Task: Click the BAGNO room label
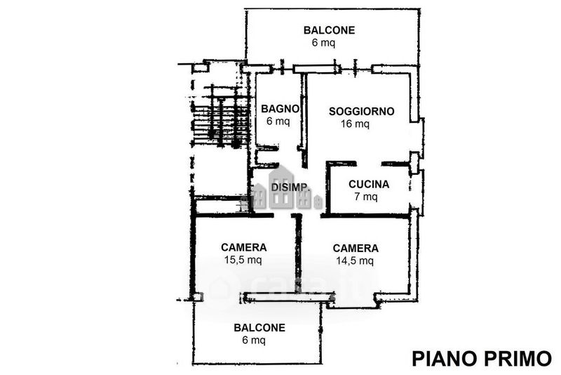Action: coord(280,109)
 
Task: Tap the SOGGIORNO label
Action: coord(361,112)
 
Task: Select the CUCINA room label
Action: coord(369,184)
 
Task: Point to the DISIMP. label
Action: coord(290,187)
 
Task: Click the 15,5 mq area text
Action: coord(243,260)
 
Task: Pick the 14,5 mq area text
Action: coord(355,261)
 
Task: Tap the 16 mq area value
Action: coord(355,124)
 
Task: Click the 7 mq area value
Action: coord(365,197)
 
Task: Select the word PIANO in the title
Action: coord(445,359)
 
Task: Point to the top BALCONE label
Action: coord(329,30)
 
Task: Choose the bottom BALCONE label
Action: coord(259,328)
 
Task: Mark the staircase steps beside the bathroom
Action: coord(220,117)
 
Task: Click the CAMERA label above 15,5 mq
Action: coord(243,247)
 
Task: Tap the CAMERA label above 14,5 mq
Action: coord(356,248)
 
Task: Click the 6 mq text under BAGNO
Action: coord(278,121)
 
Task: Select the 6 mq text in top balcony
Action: coord(323,43)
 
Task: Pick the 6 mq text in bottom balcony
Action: coord(254,340)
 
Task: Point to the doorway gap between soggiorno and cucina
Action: coord(369,164)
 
